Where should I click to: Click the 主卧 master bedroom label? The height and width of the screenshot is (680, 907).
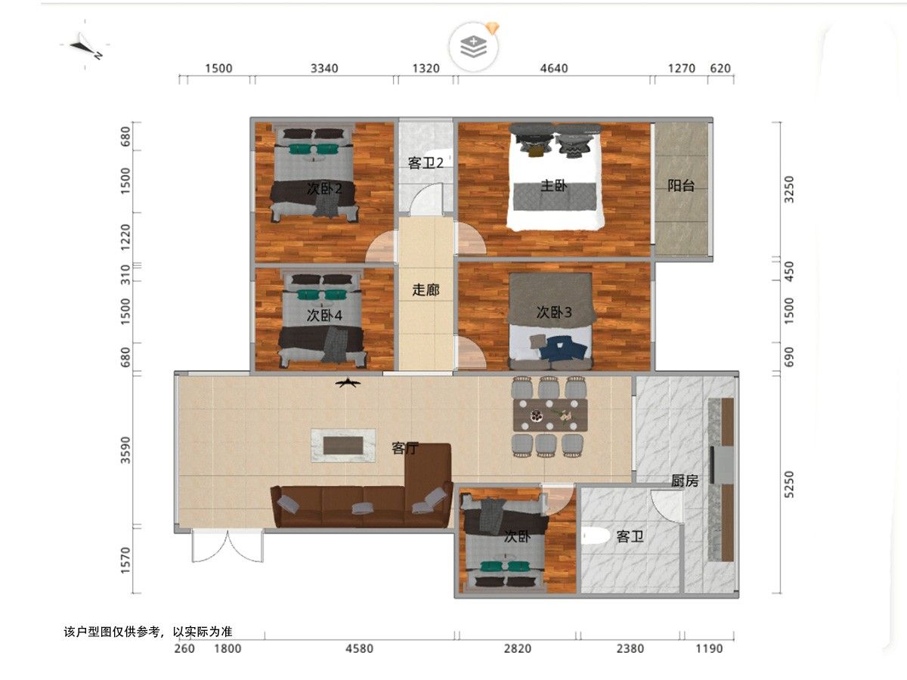[554, 186]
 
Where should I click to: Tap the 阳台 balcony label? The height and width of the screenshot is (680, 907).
[680, 186]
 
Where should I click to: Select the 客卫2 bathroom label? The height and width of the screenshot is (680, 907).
[426, 163]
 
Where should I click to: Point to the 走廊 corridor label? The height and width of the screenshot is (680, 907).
[426, 290]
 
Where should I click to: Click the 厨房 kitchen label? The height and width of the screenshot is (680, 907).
[685, 481]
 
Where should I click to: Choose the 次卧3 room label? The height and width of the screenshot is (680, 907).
[554, 312]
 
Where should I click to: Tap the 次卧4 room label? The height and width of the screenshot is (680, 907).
[324, 315]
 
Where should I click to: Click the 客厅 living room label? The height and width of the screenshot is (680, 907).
[405, 448]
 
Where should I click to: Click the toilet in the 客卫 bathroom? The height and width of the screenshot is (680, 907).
[595, 537]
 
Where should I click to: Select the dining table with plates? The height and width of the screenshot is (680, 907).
[550, 415]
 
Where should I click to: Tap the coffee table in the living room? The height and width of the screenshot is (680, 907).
[343, 446]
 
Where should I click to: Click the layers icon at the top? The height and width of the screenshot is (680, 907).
[474, 47]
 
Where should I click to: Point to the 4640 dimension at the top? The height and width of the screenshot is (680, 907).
[554, 68]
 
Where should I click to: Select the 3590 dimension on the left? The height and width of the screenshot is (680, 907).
[125, 450]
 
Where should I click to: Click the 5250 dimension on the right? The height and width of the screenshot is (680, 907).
[789, 484]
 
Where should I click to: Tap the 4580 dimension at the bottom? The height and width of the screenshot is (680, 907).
[359, 648]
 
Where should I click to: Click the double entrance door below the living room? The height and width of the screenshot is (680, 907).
[228, 546]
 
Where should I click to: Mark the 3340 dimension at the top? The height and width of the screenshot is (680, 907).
[324, 68]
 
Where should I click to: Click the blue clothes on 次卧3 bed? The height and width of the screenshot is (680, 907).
[564, 348]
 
